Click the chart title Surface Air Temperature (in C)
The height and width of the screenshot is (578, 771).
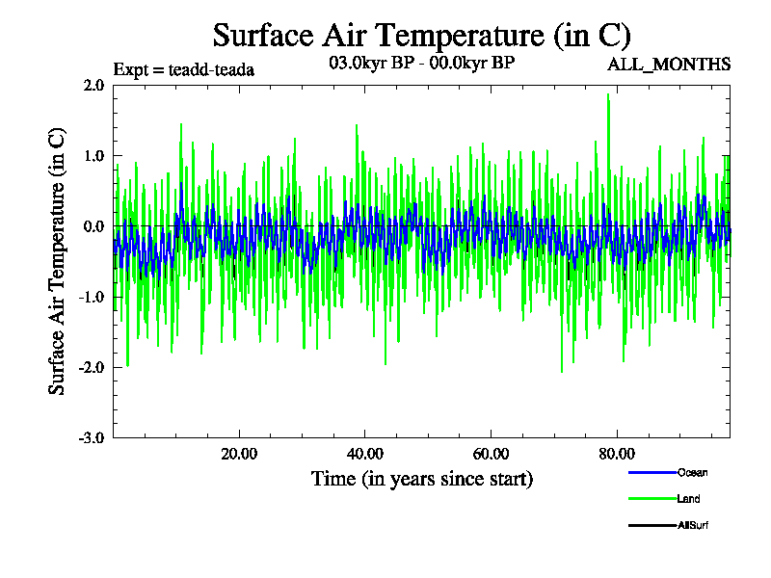click(421, 36)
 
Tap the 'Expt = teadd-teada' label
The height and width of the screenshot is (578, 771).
click(184, 69)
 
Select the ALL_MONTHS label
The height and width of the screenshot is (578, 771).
click(668, 65)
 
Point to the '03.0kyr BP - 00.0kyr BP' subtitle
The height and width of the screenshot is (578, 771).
click(421, 64)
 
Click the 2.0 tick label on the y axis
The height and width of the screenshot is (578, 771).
click(93, 85)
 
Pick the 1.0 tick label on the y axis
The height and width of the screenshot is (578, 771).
click(93, 155)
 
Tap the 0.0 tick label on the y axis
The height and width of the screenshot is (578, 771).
click(93, 226)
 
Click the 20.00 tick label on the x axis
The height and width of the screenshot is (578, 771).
click(239, 455)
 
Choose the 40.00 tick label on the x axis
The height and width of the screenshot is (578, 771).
click(365, 455)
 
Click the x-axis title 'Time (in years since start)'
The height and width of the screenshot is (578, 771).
click(421, 479)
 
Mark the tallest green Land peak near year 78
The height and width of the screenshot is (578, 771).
click(608, 94)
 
